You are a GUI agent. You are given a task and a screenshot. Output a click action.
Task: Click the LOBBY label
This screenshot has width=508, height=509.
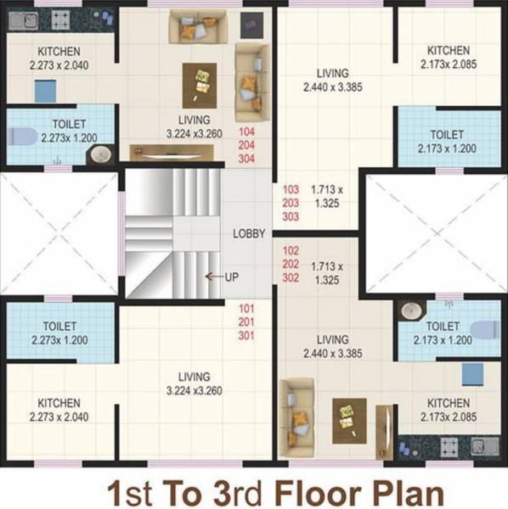(x=249, y=233)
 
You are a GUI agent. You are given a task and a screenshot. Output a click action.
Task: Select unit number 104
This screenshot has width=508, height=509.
(x=246, y=132)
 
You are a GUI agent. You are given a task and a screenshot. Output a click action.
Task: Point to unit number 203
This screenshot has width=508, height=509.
(x=291, y=204)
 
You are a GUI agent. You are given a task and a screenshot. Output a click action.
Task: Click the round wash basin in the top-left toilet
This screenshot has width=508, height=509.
(x=100, y=154)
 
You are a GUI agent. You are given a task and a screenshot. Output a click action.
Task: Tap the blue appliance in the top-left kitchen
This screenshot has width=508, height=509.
(x=44, y=91)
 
